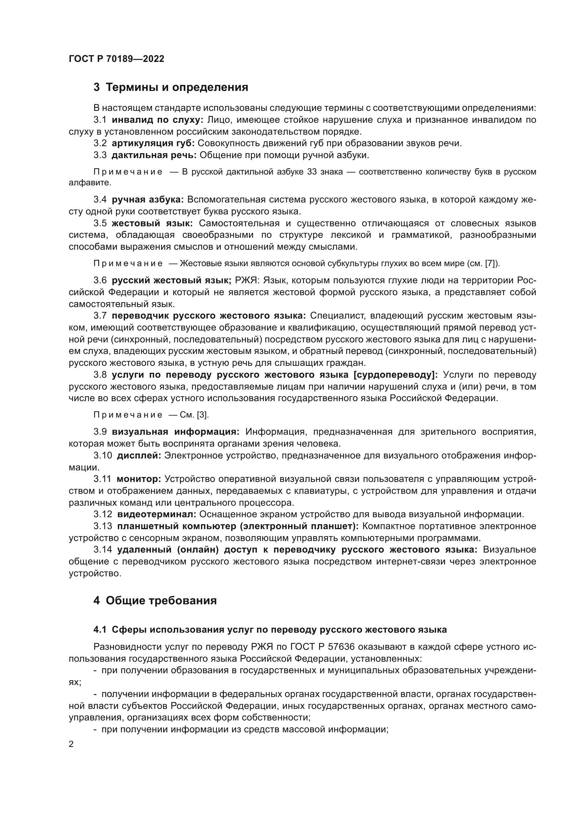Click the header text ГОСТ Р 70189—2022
[x=116, y=59]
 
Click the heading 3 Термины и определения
[x=171, y=87]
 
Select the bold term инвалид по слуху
[x=157, y=120]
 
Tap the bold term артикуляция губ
[x=153, y=143]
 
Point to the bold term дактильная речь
[x=154, y=155]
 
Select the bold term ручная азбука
[x=148, y=199]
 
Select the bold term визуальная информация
[x=176, y=432]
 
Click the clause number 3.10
[x=103, y=455]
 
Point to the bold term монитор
[x=139, y=479]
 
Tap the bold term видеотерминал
[x=157, y=514]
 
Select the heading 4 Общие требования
[x=155, y=601]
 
